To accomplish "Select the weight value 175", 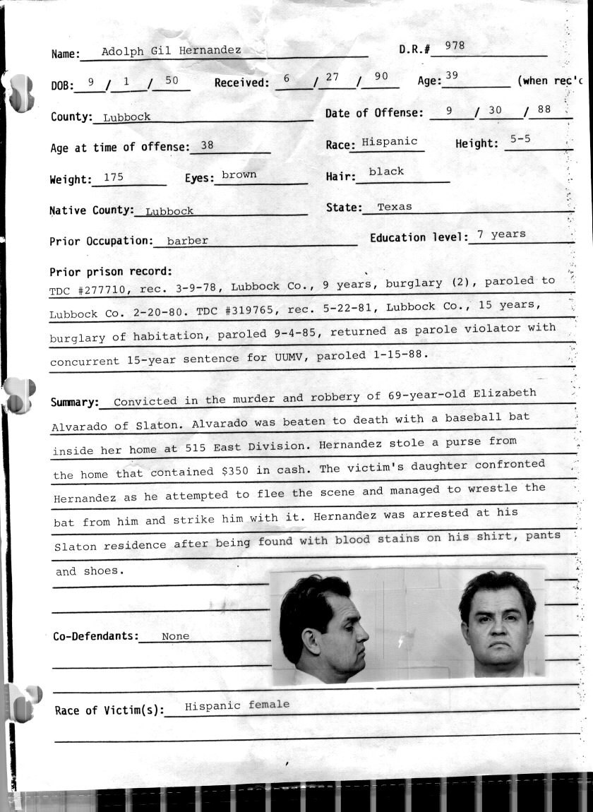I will [x=113, y=177].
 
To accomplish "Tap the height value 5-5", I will [x=520, y=139].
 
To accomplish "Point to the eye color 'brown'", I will [x=239, y=174].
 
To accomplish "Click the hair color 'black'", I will [x=386, y=172].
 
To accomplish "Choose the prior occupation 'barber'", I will [x=187, y=241].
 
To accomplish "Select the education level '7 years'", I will [x=501, y=234].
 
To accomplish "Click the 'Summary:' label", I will [x=74, y=402].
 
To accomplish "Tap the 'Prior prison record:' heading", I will [x=111, y=272].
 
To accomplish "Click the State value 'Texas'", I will [x=395, y=207].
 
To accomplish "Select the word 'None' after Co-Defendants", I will [x=175, y=636].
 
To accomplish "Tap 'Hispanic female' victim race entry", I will [x=236, y=705].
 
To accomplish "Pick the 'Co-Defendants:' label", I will [x=96, y=636].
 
